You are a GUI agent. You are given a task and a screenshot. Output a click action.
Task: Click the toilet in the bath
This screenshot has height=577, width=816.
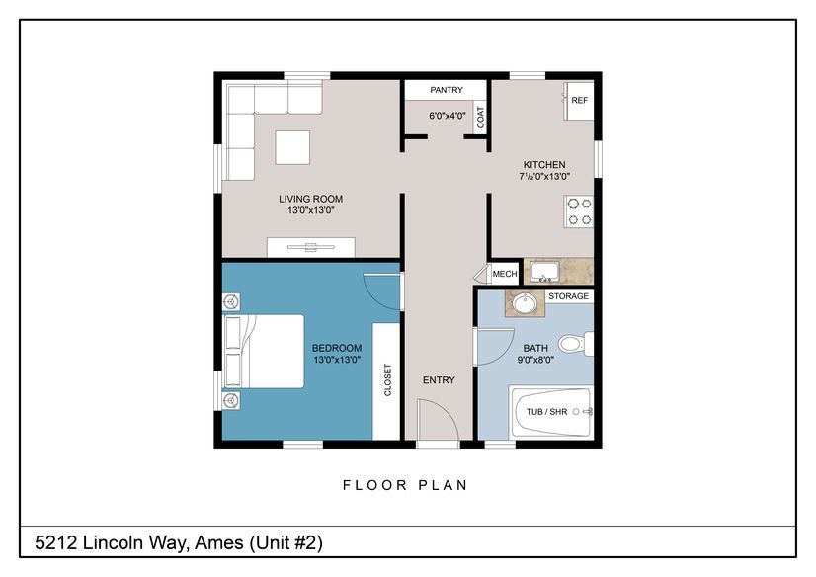point(576,344)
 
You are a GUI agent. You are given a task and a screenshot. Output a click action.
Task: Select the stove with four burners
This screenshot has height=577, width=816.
point(579,211)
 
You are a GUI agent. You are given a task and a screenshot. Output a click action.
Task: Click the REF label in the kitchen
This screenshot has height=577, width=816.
point(579,100)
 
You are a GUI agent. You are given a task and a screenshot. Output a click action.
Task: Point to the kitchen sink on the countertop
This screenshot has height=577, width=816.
point(544,271)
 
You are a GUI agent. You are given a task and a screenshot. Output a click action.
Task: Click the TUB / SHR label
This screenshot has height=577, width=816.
point(546,412)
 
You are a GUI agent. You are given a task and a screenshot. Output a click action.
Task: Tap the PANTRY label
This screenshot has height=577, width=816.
point(446,90)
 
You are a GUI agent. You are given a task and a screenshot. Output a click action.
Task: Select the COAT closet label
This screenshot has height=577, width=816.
point(480,118)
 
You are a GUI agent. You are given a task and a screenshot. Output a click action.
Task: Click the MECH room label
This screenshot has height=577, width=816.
point(505,274)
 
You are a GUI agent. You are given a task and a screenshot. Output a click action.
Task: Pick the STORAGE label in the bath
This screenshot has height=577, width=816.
point(568,296)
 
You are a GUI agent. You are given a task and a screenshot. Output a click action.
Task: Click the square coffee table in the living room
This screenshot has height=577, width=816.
point(292,148)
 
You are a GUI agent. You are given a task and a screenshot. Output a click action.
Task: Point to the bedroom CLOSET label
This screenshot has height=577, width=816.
point(387,379)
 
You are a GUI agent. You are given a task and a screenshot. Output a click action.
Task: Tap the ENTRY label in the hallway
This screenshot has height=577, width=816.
point(439,380)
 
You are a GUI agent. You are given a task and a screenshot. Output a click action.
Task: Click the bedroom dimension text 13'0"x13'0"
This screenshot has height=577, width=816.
point(337,360)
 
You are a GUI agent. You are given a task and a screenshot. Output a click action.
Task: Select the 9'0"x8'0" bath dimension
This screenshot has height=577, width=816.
point(535,360)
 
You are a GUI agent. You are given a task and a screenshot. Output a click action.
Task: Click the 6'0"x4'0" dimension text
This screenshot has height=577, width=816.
point(448,116)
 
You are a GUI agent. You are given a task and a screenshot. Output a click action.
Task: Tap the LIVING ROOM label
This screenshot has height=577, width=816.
point(310,199)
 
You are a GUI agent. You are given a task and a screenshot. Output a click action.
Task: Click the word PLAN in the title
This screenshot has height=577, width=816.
point(443,485)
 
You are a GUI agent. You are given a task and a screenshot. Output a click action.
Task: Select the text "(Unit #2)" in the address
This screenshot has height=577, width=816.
point(286,543)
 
